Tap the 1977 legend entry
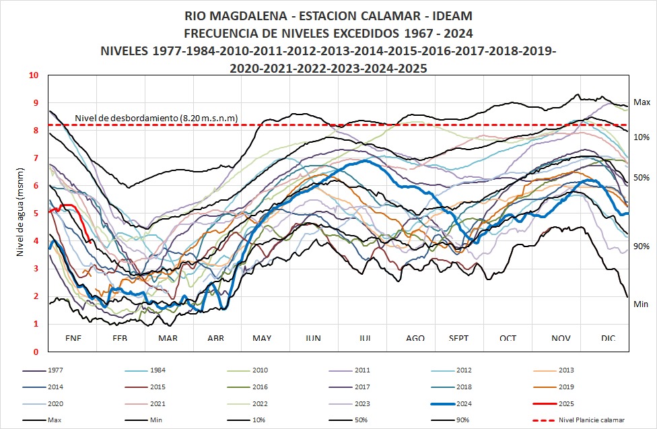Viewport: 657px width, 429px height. click(x=57, y=371)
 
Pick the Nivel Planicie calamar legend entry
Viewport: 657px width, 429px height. click(x=595, y=420)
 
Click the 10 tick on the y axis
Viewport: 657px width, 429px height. click(x=34, y=75)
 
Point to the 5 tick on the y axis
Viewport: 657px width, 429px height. click(x=36, y=213)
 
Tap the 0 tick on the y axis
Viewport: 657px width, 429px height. click(x=36, y=352)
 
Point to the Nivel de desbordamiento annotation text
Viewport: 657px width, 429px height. click(x=155, y=119)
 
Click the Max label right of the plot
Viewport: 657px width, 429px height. click(x=642, y=102)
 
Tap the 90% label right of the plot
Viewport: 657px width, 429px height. click(x=642, y=246)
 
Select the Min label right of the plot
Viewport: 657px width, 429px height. click(x=641, y=304)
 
